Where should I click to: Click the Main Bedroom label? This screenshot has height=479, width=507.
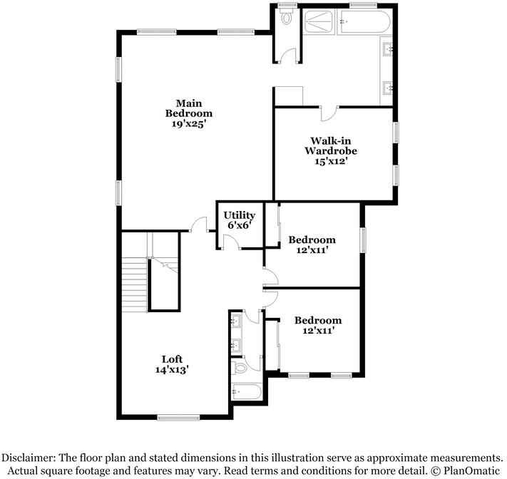click(x=189, y=108)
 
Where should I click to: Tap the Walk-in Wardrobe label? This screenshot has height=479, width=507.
click(x=331, y=146)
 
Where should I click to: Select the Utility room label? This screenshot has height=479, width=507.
click(x=240, y=215)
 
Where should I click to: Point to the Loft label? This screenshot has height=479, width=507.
click(x=172, y=359)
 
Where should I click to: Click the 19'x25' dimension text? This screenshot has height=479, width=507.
click(x=189, y=124)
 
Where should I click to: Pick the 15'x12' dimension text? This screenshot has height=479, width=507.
click(x=331, y=161)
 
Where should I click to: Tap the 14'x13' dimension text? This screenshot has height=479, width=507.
click(x=172, y=369)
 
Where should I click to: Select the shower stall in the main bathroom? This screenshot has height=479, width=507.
click(x=319, y=21)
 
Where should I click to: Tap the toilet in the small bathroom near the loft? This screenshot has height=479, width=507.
click(x=240, y=368)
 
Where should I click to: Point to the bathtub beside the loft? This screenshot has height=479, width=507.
click(x=247, y=392)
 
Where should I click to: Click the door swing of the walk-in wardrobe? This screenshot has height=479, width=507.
click(x=329, y=113)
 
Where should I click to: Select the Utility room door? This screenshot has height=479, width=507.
click(x=232, y=242)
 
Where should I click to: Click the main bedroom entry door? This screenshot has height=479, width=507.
click(x=198, y=224)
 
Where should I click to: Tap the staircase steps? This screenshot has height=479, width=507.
click(x=134, y=284)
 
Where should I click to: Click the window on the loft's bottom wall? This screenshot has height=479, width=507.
click(x=178, y=418)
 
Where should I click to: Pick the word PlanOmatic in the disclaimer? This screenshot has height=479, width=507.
click(x=472, y=470)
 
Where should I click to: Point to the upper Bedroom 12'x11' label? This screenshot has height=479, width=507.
click(x=312, y=244)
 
